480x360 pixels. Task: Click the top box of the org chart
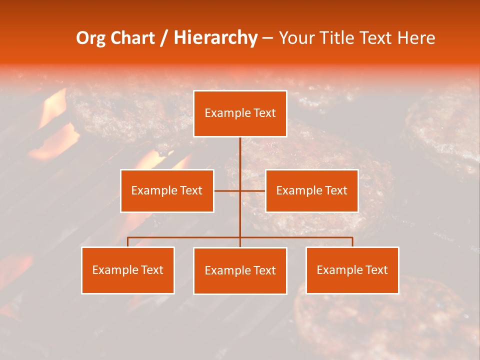click(x=240, y=113)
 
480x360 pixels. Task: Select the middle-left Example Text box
click(x=167, y=190)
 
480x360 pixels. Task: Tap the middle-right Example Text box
click(x=311, y=190)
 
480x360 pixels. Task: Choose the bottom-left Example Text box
click(x=128, y=270)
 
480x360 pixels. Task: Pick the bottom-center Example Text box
click(x=240, y=270)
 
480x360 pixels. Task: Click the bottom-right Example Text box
click(x=352, y=270)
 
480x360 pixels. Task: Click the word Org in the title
click(x=90, y=38)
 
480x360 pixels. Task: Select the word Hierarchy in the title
click(x=215, y=38)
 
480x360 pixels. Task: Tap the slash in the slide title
click(x=164, y=38)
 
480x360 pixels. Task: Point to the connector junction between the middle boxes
click(x=240, y=190)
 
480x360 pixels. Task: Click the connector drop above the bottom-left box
click(x=128, y=242)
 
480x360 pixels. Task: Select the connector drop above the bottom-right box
click(x=352, y=242)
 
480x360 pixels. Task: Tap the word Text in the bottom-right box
click(x=375, y=270)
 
